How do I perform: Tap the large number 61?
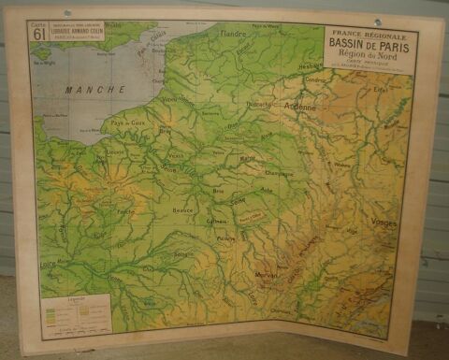[39, 35]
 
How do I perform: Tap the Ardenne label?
[301, 107]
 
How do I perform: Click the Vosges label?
[384, 223]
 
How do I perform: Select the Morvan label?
[268, 275]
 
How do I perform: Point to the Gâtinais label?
[217, 222]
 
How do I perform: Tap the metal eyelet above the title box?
[379, 21]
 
